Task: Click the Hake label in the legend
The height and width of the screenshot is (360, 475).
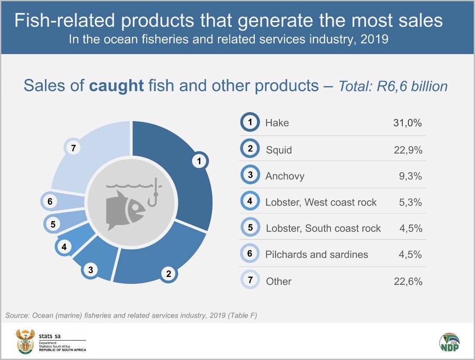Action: [x=277, y=123]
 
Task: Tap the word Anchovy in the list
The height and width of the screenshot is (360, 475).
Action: [x=285, y=176]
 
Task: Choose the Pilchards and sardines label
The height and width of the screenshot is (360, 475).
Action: [x=317, y=254]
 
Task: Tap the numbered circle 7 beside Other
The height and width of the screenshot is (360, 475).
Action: [x=250, y=280]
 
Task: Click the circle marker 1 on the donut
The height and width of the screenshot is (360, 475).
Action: [x=199, y=162]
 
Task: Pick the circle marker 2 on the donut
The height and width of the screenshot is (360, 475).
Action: [x=169, y=273]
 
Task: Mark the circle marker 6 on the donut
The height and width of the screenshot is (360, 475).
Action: [x=50, y=202]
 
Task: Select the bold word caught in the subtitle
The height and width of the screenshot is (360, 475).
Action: [x=116, y=86]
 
